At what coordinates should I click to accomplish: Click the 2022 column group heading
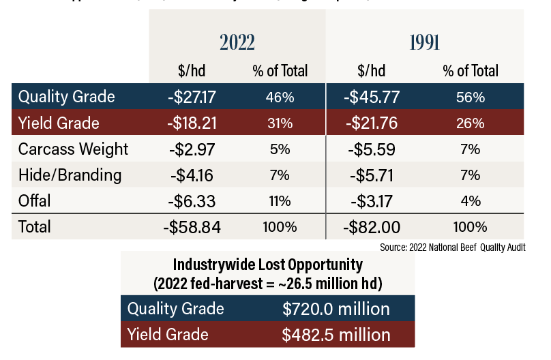click(x=237, y=42)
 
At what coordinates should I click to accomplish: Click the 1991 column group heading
click(x=424, y=42)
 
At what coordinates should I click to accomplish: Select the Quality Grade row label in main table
click(x=67, y=97)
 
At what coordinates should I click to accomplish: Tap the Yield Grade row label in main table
click(x=59, y=123)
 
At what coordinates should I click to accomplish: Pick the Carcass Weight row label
click(x=73, y=149)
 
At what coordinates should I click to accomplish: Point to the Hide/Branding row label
click(x=70, y=175)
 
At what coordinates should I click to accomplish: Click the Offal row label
click(x=35, y=201)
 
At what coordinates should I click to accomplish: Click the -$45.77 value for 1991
click(x=372, y=97)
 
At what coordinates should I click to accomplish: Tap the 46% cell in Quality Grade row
click(x=280, y=97)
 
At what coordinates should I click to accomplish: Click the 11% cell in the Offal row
click(x=280, y=201)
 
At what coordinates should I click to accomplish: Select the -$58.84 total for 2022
click(x=192, y=227)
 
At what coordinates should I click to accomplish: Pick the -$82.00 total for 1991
click(x=372, y=227)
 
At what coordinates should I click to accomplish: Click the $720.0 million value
click(x=336, y=309)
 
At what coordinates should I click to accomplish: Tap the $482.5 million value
click(x=336, y=335)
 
